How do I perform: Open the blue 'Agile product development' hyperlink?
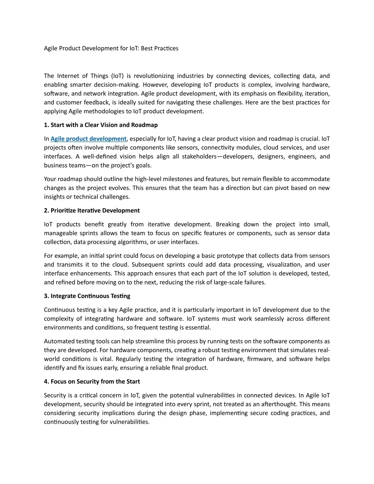click(88, 139)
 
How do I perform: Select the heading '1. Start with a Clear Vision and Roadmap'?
click(101, 125)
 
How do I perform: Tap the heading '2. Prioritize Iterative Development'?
click(92, 210)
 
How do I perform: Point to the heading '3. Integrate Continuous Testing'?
click(87, 296)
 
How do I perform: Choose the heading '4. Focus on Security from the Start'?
click(92, 381)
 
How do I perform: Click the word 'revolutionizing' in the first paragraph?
click(154, 76)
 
